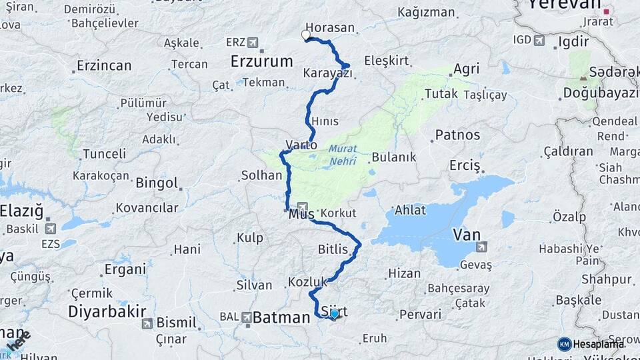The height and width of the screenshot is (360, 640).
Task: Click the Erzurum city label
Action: coord(261,61)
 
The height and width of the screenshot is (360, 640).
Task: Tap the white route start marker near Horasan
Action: coord(306,35)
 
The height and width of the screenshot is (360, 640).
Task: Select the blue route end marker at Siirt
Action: coord(335,313)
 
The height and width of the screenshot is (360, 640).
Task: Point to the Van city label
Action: coord(466,235)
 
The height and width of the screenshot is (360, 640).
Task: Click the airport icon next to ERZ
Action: coord(253,43)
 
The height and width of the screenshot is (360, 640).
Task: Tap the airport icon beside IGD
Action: coord(539,41)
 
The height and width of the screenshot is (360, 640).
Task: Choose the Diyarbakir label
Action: coord(107,312)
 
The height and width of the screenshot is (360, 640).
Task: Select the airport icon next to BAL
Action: coord(247,317)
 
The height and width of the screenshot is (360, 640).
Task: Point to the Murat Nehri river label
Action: coord(342,155)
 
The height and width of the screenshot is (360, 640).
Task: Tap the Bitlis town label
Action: coord(333,249)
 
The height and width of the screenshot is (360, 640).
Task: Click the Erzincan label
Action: coord(104,66)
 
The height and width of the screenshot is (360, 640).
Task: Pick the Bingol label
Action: coord(157,183)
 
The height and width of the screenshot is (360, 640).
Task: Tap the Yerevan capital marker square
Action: coord(607,11)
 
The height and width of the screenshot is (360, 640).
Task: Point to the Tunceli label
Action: coord(104,154)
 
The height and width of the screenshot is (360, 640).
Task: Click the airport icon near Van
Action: coord(482,247)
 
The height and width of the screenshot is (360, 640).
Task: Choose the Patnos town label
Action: coord(457,135)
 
